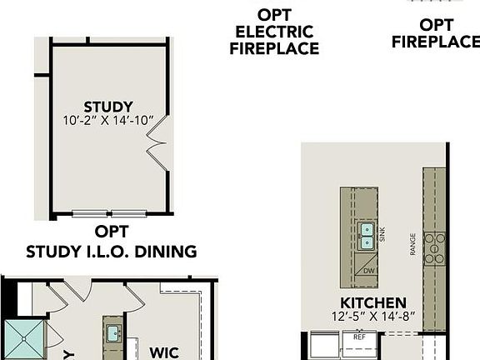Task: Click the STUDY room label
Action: tap(108, 107)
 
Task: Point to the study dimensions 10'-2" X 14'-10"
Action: tap(108, 121)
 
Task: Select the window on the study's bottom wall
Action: tap(109, 213)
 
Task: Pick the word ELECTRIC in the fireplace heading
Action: tap(274, 32)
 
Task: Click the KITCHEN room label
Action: tap(372, 302)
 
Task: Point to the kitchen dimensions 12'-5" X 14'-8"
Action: tap(372, 317)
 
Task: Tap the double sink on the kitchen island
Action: tap(367, 236)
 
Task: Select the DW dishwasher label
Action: tap(369, 272)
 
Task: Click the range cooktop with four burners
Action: tap(434, 247)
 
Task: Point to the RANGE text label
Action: tap(413, 244)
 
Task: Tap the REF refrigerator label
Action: tap(359, 337)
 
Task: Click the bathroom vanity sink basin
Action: tap(112, 333)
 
